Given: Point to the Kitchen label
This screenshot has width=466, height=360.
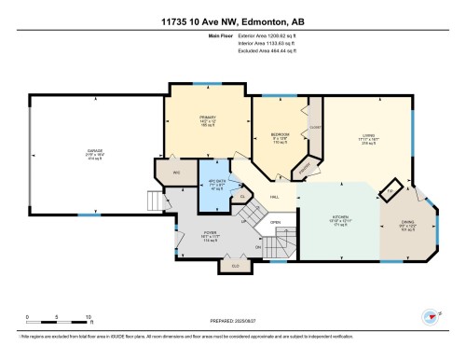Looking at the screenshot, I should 341,221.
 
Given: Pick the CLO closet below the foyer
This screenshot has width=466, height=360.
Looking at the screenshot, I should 231,266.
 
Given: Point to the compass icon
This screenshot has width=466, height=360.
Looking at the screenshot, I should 430,316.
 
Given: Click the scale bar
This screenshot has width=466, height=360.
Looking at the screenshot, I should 57,312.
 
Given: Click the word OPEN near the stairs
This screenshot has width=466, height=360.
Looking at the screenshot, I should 275,222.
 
